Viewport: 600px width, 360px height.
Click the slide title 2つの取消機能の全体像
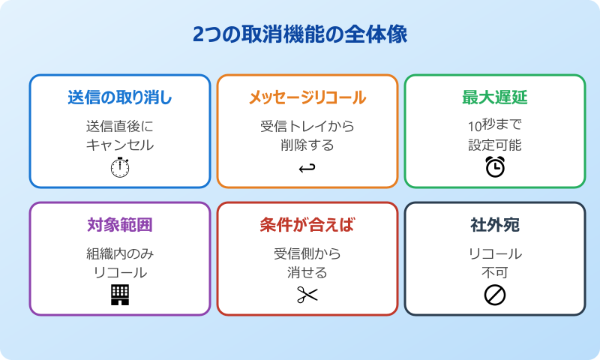pos(300,35)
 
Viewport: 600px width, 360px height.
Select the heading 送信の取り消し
pos(120,97)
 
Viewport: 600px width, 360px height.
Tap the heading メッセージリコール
pos(307,97)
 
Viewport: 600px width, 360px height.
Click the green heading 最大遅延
pos(495,97)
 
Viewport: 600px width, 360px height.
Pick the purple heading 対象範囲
pos(120,225)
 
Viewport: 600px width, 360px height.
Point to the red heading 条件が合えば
pos(307,225)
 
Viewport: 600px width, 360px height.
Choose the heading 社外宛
pos(495,225)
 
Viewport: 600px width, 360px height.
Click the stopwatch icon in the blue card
pos(120,168)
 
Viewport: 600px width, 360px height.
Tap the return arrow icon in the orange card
pos(307,168)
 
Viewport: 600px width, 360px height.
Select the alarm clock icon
pos(495,167)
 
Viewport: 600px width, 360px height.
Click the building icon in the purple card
pos(120,295)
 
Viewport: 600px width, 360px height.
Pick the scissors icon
pos(307,295)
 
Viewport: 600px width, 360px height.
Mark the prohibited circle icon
pos(495,295)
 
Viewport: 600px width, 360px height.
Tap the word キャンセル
pos(120,145)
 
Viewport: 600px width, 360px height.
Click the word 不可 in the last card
pos(495,272)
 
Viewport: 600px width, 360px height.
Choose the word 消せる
pos(307,272)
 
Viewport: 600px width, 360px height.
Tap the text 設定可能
pos(495,145)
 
